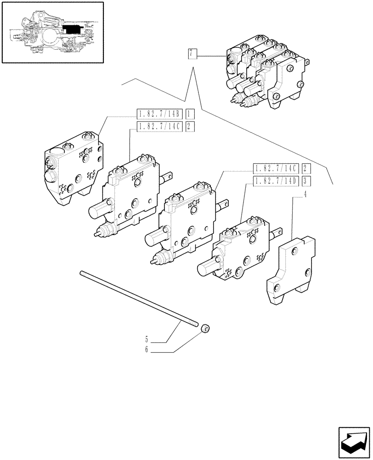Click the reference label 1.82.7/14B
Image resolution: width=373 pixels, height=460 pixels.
160,113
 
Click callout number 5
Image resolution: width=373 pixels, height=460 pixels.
147,340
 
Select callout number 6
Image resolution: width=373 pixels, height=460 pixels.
147,351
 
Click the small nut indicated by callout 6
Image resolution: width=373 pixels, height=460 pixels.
205,328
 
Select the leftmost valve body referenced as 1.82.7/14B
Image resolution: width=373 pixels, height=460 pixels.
73,166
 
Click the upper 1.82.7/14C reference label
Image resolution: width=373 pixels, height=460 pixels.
160,126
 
